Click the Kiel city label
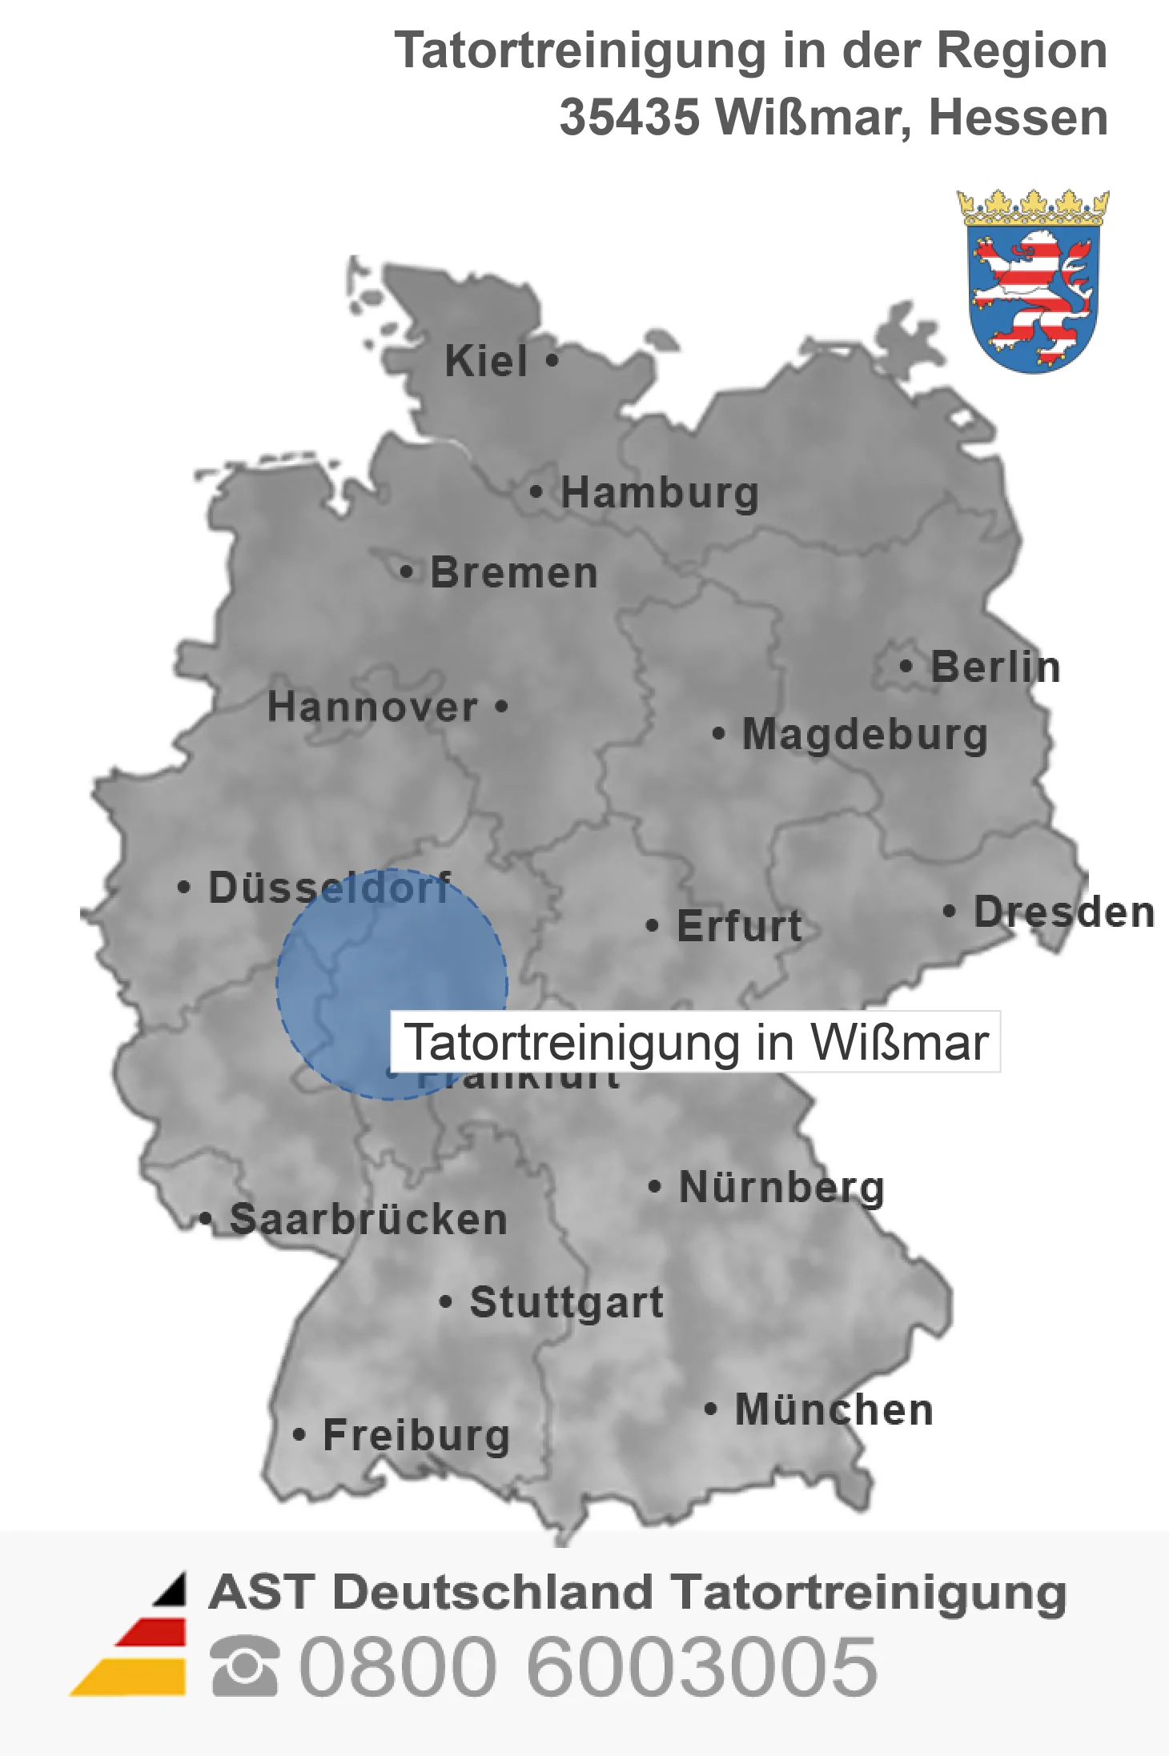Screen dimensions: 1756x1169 [485, 361]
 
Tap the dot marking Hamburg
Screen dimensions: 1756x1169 [536, 491]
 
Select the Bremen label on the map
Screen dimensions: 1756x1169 [514, 573]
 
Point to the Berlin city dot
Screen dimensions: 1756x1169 [906, 666]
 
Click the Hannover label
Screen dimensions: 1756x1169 [372, 708]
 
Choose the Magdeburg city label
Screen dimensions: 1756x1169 [865, 735]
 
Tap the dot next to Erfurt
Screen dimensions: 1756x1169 [652, 926]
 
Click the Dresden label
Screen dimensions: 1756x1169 [1064, 912]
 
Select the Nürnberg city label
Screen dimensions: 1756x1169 [781, 1187]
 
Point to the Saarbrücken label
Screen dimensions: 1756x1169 [368, 1220]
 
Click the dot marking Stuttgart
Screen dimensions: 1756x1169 [446, 1302]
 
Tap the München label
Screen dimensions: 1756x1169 [834, 1409]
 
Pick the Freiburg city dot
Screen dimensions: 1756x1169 [299, 1435]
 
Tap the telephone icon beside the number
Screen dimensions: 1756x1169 [245, 1666]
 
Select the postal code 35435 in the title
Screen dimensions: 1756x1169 [629, 118]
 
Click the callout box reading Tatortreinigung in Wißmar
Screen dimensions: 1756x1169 [695, 1042]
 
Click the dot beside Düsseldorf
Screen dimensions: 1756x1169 [184, 887]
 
